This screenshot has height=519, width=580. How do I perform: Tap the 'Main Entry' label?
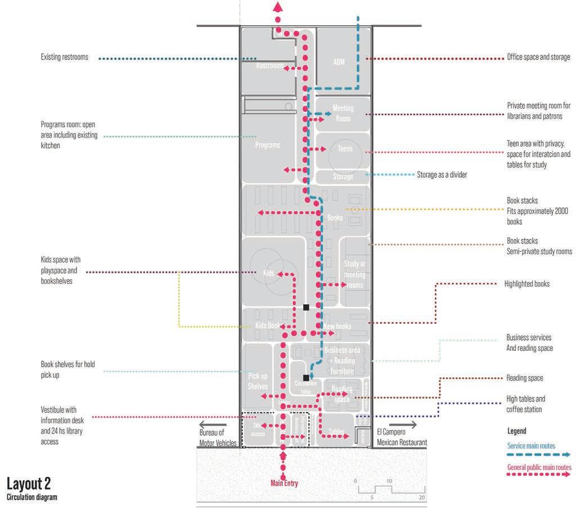284,483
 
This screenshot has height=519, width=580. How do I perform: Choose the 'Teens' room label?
345,149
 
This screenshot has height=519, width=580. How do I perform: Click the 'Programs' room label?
267,145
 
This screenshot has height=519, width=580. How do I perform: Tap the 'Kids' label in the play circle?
268,273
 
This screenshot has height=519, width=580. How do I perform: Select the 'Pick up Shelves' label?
258,381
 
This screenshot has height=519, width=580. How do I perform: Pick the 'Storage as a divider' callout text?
442,174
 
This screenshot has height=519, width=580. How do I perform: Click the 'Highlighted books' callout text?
527,284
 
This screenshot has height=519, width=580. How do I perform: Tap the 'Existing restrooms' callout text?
64,57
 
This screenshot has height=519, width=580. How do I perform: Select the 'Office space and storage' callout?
538,57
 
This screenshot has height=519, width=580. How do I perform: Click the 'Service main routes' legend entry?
531,446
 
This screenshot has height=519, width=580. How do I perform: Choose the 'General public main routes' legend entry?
539,467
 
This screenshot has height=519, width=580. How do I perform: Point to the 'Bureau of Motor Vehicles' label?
218,437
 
